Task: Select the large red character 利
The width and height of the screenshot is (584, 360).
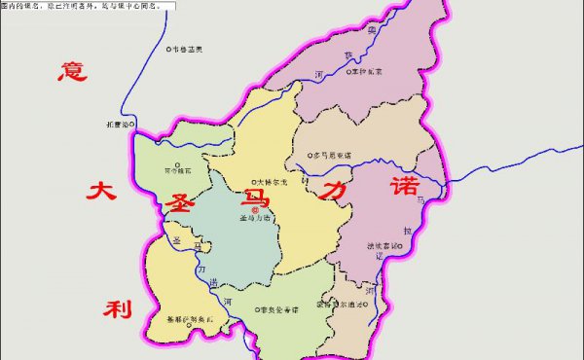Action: coord(117,309)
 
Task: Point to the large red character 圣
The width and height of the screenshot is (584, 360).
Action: coord(181,205)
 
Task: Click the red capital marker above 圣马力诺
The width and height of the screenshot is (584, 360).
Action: coord(255,209)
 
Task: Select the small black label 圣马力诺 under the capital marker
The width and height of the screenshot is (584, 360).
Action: coord(255,219)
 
